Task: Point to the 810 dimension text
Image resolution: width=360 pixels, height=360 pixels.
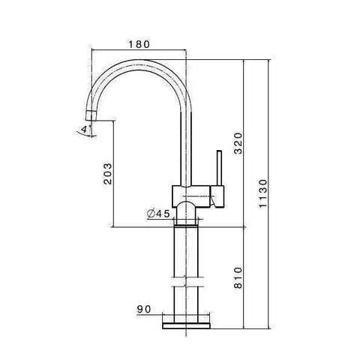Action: coord(238,277)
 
